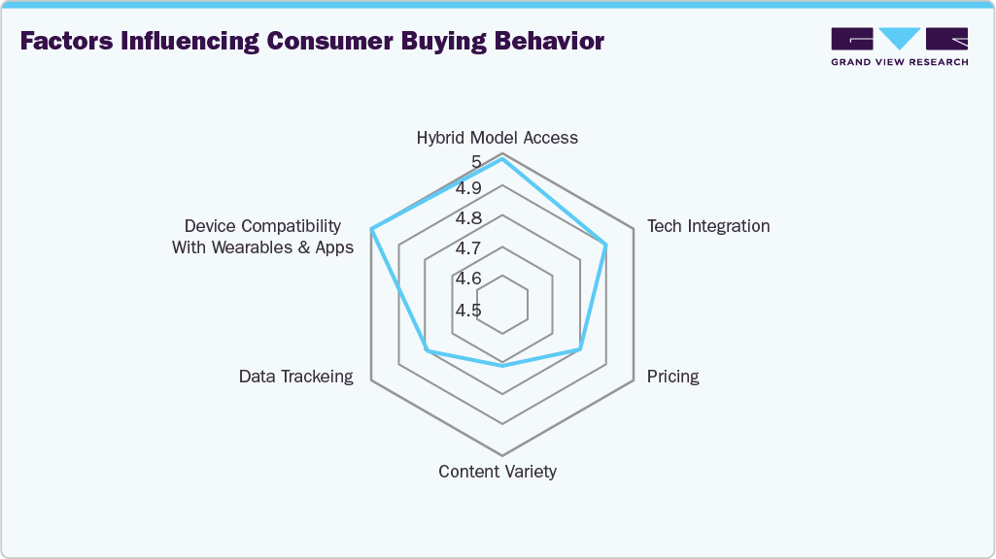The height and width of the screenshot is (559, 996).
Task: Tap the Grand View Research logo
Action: point(899,47)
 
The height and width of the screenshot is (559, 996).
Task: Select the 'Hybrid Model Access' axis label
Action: point(497,138)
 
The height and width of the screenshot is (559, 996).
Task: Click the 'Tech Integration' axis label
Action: point(708,226)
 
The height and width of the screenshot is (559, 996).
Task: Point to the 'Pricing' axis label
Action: point(672,377)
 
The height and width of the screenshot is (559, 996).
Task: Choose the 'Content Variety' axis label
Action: point(497,472)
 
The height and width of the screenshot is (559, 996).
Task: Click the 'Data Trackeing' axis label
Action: point(296,377)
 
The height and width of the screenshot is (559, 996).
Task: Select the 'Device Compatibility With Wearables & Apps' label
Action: point(262,237)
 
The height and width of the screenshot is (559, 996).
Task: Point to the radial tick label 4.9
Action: point(470,187)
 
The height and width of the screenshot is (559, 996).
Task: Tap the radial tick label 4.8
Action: point(470,218)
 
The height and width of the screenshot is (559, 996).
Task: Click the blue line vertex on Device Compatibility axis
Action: point(372,230)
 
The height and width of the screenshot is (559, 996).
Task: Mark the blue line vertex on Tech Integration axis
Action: point(606,245)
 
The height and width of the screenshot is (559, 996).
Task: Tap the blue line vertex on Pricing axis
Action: point(580,348)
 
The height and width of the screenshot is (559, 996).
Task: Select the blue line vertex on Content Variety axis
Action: point(501,366)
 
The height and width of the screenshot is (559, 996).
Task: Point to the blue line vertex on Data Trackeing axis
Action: point(426,349)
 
